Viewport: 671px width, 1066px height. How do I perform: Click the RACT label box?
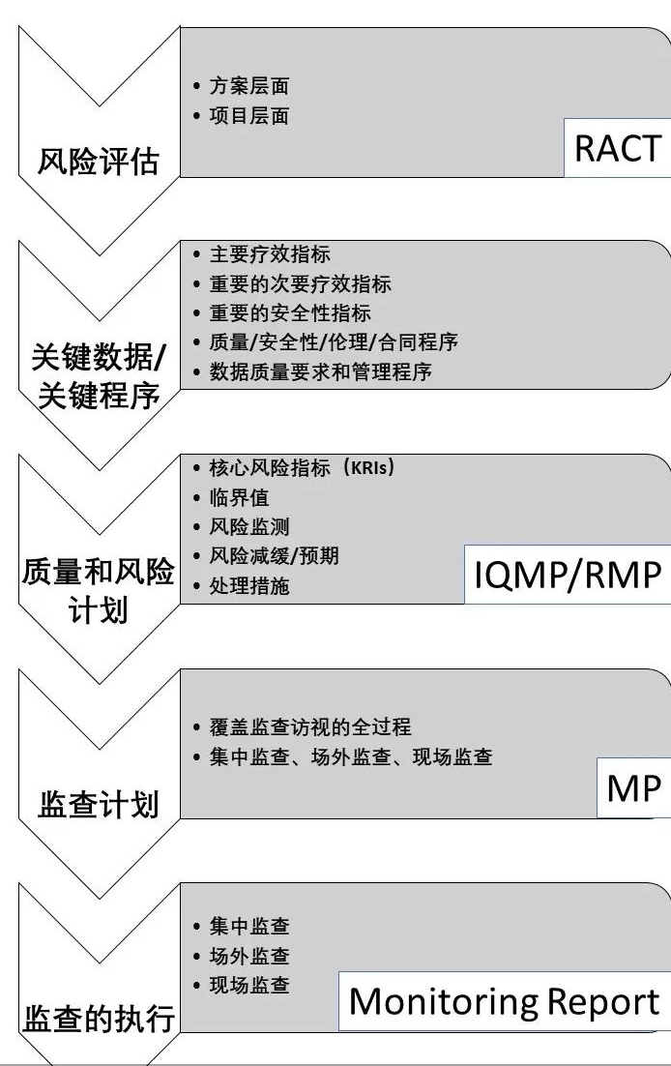[618, 149]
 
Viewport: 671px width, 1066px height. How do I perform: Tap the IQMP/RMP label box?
[568, 575]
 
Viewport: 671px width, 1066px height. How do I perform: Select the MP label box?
[633, 789]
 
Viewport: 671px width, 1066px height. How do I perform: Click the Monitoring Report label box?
[504, 1002]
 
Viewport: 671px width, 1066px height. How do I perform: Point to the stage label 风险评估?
[98, 162]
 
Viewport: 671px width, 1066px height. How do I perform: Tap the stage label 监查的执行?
[98, 1019]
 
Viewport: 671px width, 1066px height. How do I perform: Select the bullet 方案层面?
[248, 86]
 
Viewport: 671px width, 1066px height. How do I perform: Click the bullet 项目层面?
[248, 116]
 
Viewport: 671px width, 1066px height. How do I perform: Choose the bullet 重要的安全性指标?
[289, 313]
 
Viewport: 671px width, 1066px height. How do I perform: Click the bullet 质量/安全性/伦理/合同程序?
[333, 342]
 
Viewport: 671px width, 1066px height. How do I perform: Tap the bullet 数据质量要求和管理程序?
[320, 372]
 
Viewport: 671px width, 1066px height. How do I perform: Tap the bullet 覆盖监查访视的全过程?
[304, 725]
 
